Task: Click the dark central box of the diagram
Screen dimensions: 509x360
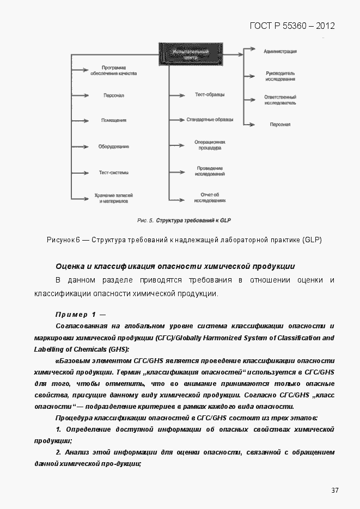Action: tap(185, 53)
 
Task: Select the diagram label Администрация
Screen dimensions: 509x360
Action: tap(280, 51)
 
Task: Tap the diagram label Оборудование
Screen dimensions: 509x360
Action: tap(114, 146)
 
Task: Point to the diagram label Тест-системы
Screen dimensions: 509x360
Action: tap(114, 173)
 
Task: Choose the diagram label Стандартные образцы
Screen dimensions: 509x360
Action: tap(210, 119)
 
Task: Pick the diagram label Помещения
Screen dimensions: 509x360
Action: tap(114, 120)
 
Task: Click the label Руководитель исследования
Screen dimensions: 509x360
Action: tap(280, 76)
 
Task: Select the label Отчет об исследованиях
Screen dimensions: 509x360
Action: tap(210, 197)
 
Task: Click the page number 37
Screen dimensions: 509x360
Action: tap(335, 490)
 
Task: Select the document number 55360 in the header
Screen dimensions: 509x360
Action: tap(295, 26)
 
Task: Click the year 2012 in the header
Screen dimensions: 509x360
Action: tap(325, 26)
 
